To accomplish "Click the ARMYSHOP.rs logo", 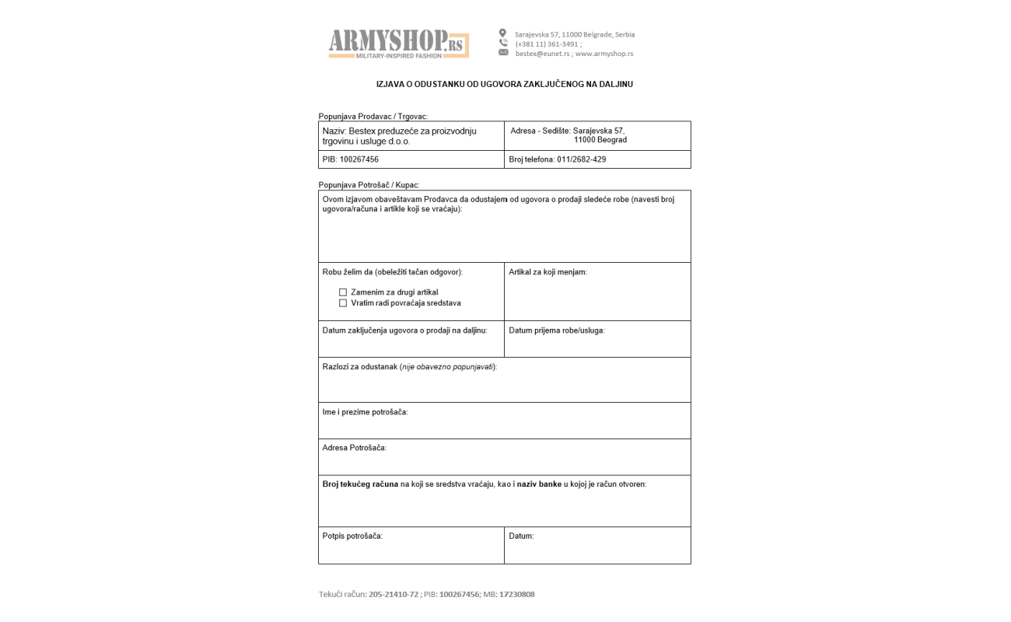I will pyautogui.click(x=398, y=44).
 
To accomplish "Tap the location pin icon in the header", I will pyautogui.click(x=502, y=33).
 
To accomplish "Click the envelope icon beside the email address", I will pyautogui.click(x=503, y=53).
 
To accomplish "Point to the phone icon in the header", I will pyautogui.click(x=503, y=43).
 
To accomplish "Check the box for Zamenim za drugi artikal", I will pyautogui.click(x=343, y=292).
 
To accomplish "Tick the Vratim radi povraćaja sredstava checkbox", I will pyautogui.click(x=343, y=303).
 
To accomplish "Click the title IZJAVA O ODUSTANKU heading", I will pyautogui.click(x=504, y=84).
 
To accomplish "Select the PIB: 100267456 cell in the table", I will pyautogui.click(x=351, y=159).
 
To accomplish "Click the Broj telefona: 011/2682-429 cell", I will pyautogui.click(x=557, y=159).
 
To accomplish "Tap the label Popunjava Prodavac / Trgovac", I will pyautogui.click(x=373, y=117).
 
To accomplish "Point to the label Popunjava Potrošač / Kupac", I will pyautogui.click(x=369, y=185).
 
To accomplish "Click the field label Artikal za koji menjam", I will pyautogui.click(x=547, y=272).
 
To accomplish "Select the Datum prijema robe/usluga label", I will pyautogui.click(x=556, y=330).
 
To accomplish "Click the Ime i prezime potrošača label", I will pyautogui.click(x=365, y=412).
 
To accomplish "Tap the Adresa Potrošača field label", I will pyautogui.click(x=354, y=448).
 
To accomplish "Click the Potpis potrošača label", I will pyautogui.click(x=352, y=536).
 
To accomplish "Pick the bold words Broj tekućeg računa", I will pyautogui.click(x=360, y=484).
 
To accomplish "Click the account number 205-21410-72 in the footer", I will pyautogui.click(x=394, y=595).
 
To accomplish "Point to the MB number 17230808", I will pyautogui.click(x=516, y=595).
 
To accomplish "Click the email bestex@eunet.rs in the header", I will pyautogui.click(x=542, y=54).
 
